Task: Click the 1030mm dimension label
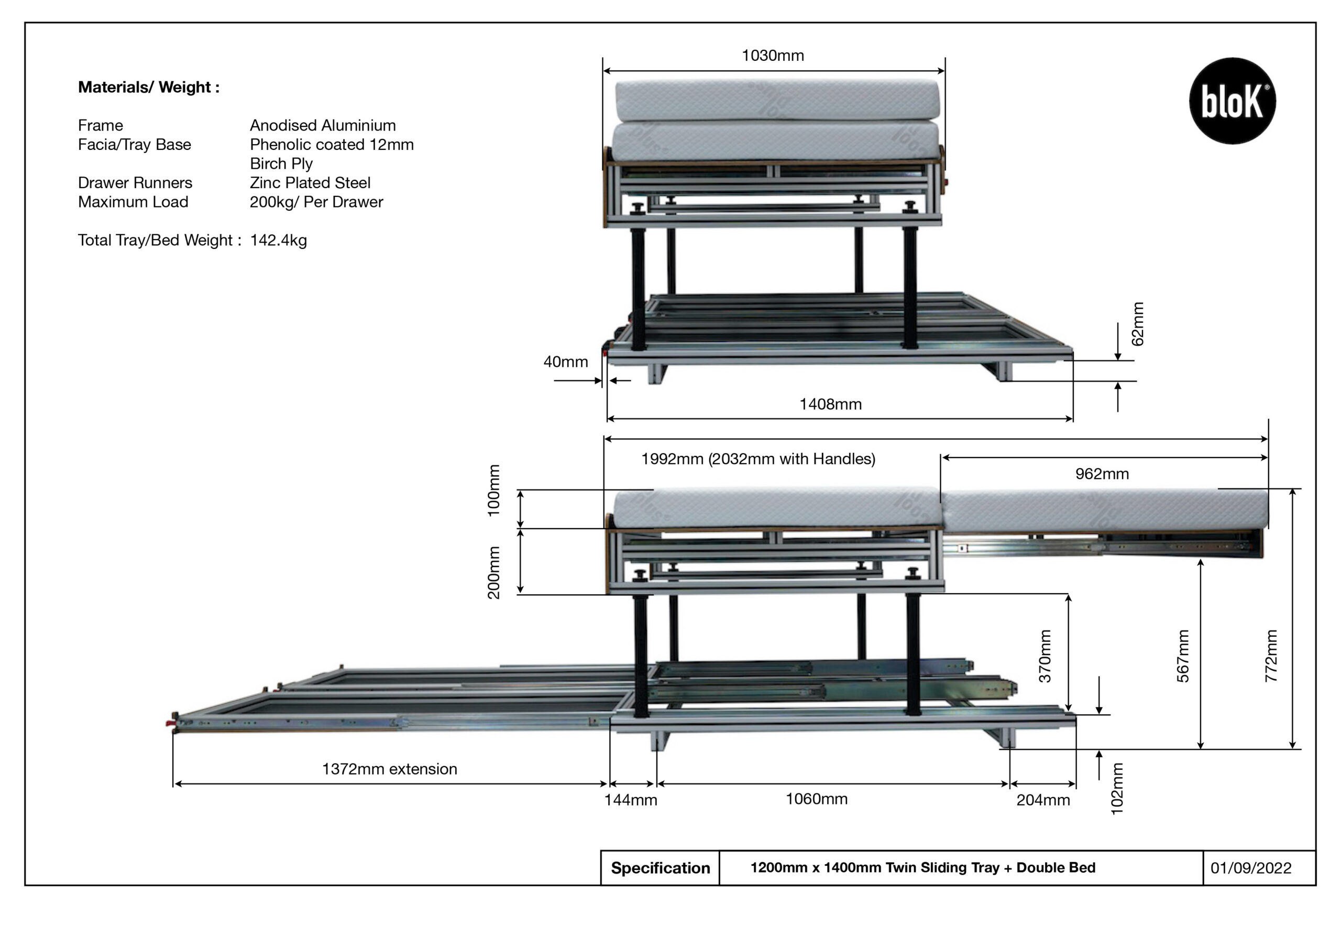pos(772,56)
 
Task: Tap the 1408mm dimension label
pos(830,404)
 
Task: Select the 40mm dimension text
pos(565,362)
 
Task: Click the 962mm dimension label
pos(1102,474)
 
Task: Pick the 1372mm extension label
pos(390,769)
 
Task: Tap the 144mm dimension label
pos(630,800)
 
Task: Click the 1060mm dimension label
pos(816,799)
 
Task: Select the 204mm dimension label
pos(1042,800)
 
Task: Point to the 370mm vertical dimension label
pos(1045,656)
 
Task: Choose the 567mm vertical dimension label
pos(1182,656)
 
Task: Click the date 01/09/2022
pos(1250,868)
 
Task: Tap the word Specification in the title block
pos(660,868)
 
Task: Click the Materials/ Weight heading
pos(149,87)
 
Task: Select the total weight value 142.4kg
pos(278,240)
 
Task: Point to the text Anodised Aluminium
pos(322,125)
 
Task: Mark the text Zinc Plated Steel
pos(310,182)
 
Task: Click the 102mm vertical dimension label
pos(1116,789)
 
